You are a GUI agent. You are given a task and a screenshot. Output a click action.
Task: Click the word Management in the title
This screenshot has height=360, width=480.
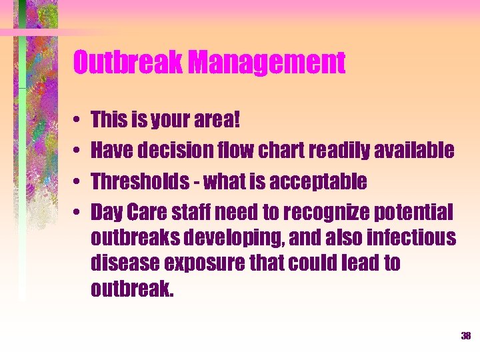pyautogui.click(x=267, y=63)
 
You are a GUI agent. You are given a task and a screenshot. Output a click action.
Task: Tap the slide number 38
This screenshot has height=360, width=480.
pyautogui.click(x=465, y=336)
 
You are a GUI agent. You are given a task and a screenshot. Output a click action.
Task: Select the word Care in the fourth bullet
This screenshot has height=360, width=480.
pyautogui.click(x=149, y=211)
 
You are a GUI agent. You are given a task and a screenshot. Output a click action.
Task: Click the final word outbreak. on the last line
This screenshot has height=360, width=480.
pyautogui.click(x=131, y=289)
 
